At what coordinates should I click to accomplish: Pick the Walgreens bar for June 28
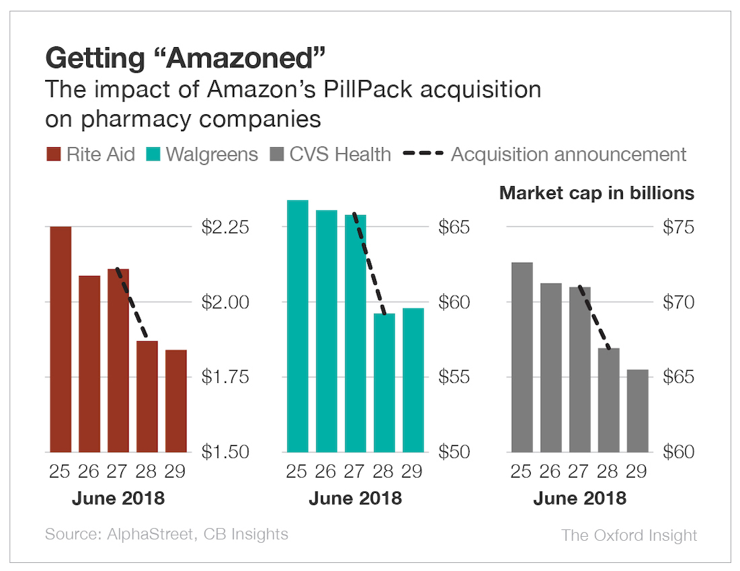[385, 383]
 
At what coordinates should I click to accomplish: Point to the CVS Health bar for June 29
[638, 410]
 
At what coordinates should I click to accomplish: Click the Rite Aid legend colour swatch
[53, 155]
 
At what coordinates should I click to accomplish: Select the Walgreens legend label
[212, 155]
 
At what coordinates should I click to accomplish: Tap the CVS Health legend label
[340, 155]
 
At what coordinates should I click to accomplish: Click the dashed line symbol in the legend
[423, 155]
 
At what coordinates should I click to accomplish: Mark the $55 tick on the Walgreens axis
[454, 377]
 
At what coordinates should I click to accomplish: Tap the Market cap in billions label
[596, 193]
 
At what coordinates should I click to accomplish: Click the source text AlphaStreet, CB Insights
[166, 535]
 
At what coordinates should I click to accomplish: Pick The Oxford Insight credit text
[629, 535]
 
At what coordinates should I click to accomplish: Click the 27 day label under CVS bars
[579, 471]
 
